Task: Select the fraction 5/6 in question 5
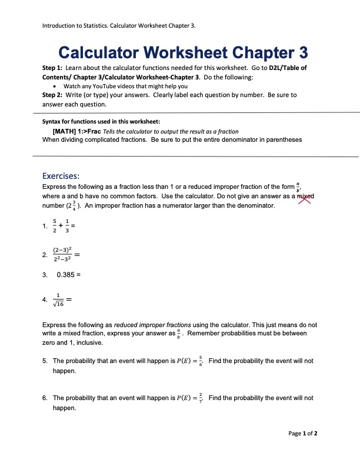201,361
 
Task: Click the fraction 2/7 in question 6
201,398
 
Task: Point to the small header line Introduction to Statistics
119,26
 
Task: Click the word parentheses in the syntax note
282,140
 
